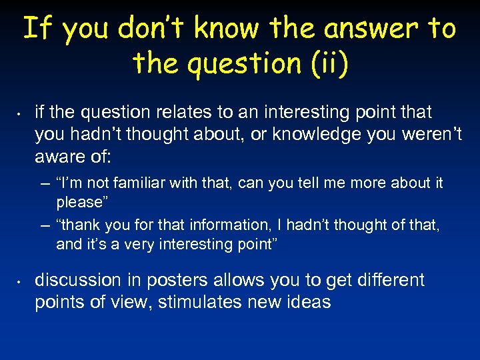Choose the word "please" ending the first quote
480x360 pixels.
pos(79,201)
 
